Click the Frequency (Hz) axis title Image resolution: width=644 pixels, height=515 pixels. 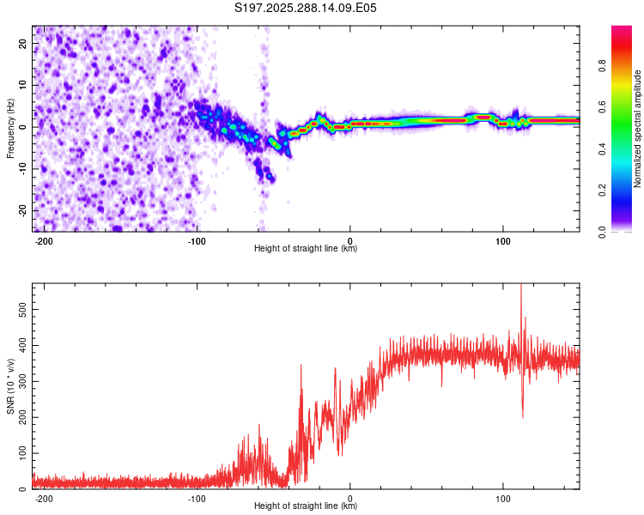point(10,128)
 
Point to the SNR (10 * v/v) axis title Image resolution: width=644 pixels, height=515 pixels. point(10,385)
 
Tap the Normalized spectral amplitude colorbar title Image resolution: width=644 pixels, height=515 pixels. point(638,129)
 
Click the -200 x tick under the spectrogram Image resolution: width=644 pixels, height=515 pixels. point(44,240)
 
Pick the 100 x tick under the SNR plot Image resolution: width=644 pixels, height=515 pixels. point(502,498)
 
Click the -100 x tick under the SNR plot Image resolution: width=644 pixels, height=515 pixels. point(197,498)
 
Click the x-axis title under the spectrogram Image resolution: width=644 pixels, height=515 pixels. point(306,249)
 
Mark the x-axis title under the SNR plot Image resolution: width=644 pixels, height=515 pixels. point(306,506)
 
